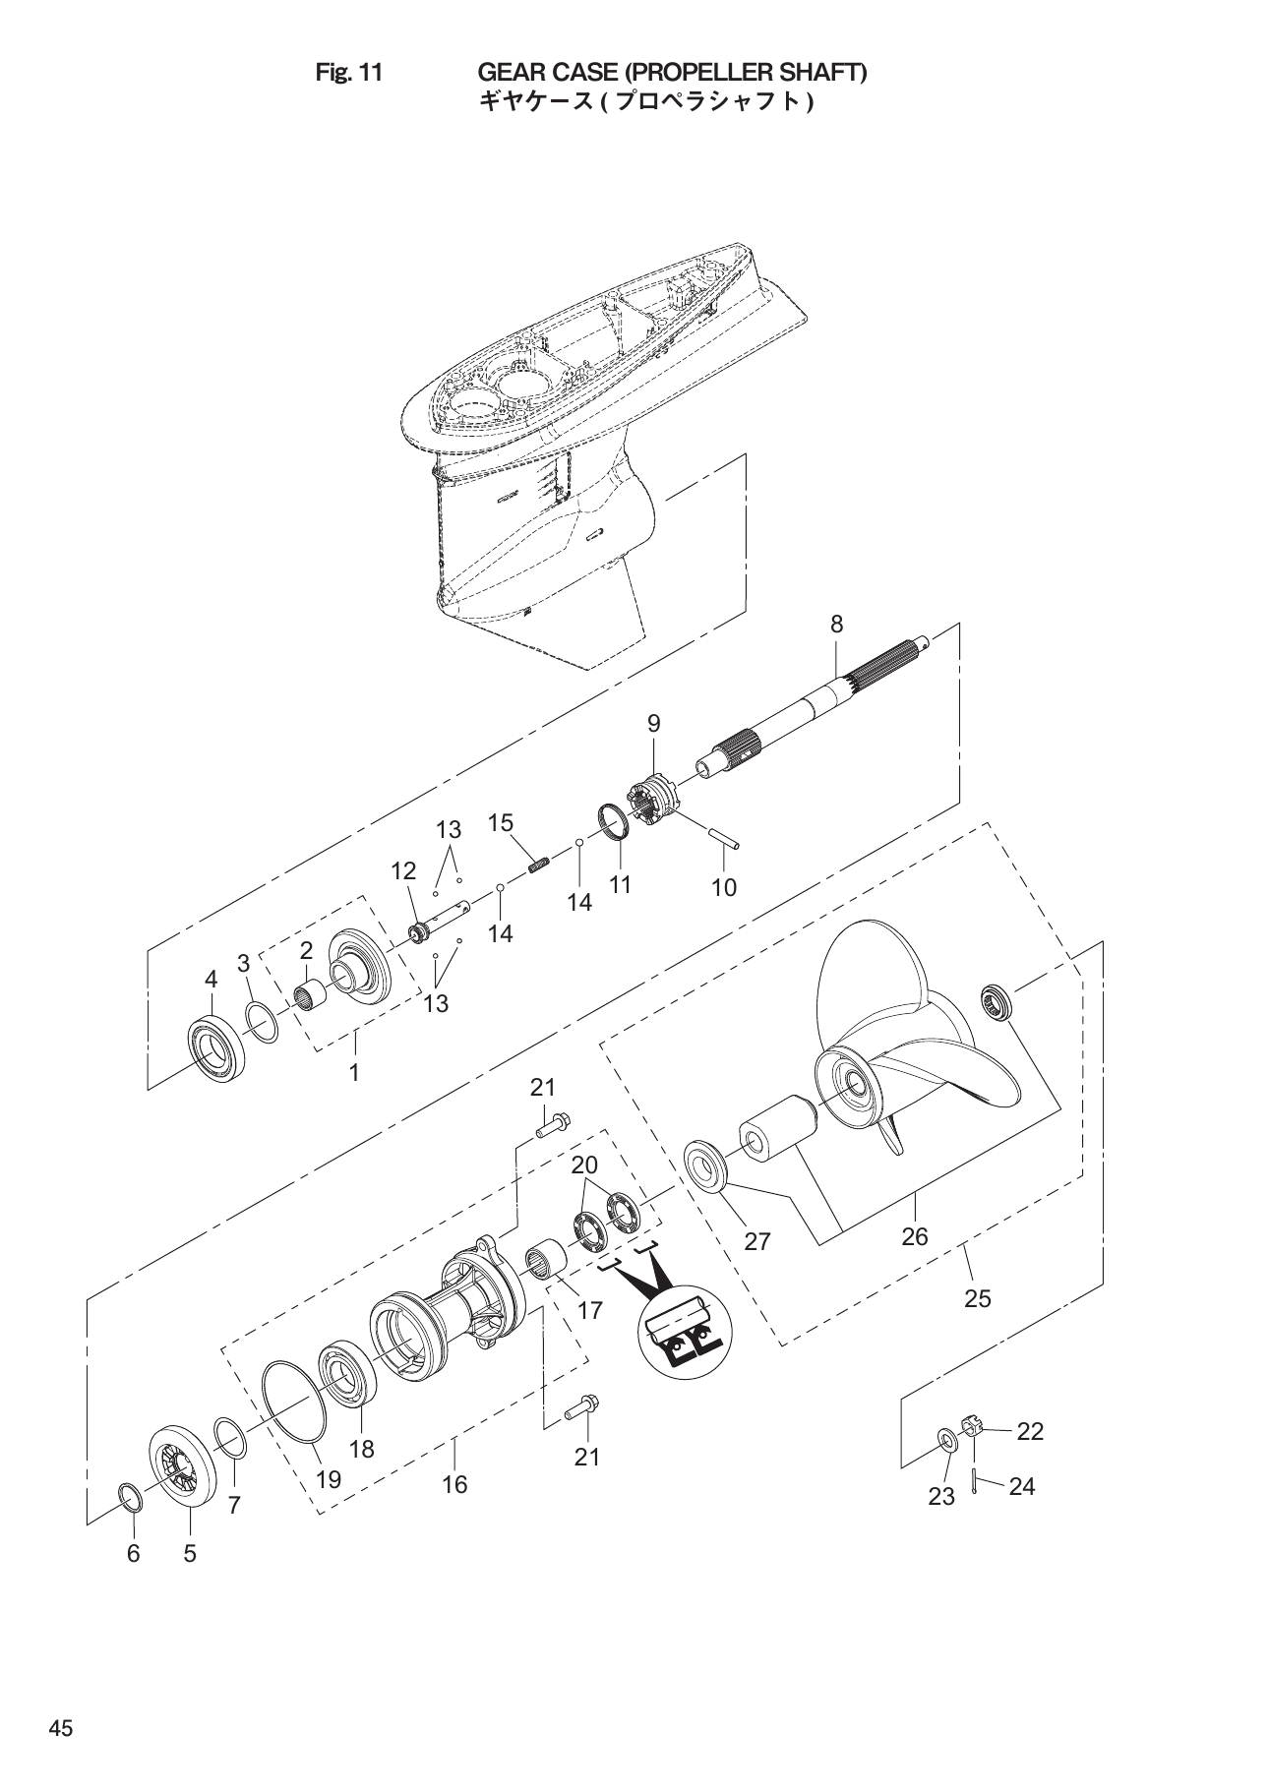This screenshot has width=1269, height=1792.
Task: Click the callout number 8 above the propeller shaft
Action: (x=836, y=625)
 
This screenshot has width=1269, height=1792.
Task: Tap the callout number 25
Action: (x=977, y=1298)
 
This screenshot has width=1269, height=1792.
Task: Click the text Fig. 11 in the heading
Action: (x=348, y=73)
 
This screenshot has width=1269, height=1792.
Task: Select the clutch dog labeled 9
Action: (x=653, y=800)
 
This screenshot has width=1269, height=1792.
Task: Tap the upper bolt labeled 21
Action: (x=556, y=1122)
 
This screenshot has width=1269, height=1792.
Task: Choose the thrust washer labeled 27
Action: (x=706, y=1165)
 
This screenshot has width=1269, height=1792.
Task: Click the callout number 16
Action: (x=454, y=1484)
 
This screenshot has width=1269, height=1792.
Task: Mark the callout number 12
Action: (x=402, y=871)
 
